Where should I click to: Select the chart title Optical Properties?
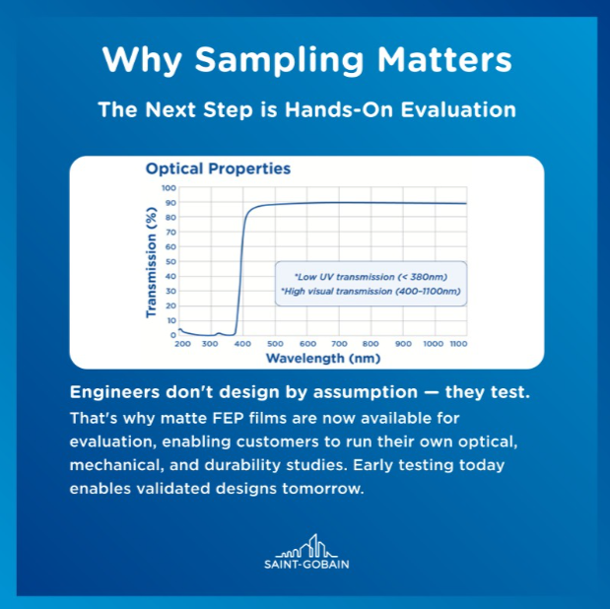(x=218, y=169)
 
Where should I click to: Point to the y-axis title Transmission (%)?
(x=154, y=261)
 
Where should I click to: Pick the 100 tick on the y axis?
(x=169, y=187)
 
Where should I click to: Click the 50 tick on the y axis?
(x=170, y=261)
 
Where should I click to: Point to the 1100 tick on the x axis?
(x=457, y=344)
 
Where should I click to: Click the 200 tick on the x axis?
(x=182, y=344)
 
